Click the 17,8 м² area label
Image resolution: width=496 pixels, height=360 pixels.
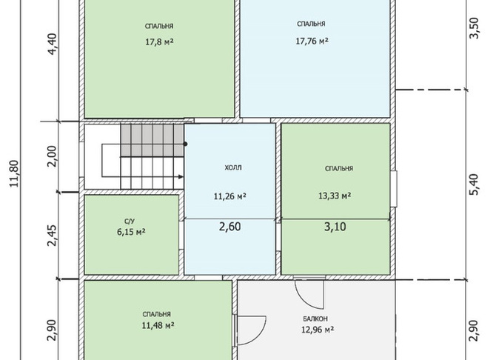[x=159, y=41]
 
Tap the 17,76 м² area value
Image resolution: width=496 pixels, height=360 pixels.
[x=312, y=41]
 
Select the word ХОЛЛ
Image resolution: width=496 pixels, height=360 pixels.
[x=233, y=168]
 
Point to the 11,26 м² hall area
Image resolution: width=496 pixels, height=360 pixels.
[x=230, y=196]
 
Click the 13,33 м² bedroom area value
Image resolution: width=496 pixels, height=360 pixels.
[x=335, y=196]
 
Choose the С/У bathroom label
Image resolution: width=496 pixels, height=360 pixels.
[x=130, y=221]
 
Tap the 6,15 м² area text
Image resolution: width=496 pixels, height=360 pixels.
[x=131, y=232]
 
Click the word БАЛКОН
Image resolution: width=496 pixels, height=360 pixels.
[x=315, y=319]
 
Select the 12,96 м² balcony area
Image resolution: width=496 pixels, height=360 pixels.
[x=318, y=330]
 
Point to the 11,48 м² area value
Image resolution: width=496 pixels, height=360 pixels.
[x=158, y=325]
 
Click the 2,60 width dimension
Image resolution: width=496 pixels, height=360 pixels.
[x=230, y=227]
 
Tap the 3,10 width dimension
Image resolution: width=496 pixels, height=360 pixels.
[x=335, y=227]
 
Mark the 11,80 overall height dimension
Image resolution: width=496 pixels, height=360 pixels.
[x=15, y=174]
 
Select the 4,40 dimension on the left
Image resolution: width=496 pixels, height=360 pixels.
[x=53, y=44]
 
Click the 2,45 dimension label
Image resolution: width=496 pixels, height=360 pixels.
[x=53, y=236]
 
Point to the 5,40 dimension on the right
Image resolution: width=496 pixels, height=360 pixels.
[x=475, y=184]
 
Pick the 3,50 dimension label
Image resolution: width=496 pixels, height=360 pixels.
[x=475, y=28]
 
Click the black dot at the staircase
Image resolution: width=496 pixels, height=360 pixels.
[x=185, y=144]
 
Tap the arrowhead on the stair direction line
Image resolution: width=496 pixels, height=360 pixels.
[x=181, y=177]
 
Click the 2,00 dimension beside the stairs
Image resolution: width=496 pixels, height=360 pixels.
[x=53, y=156]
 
